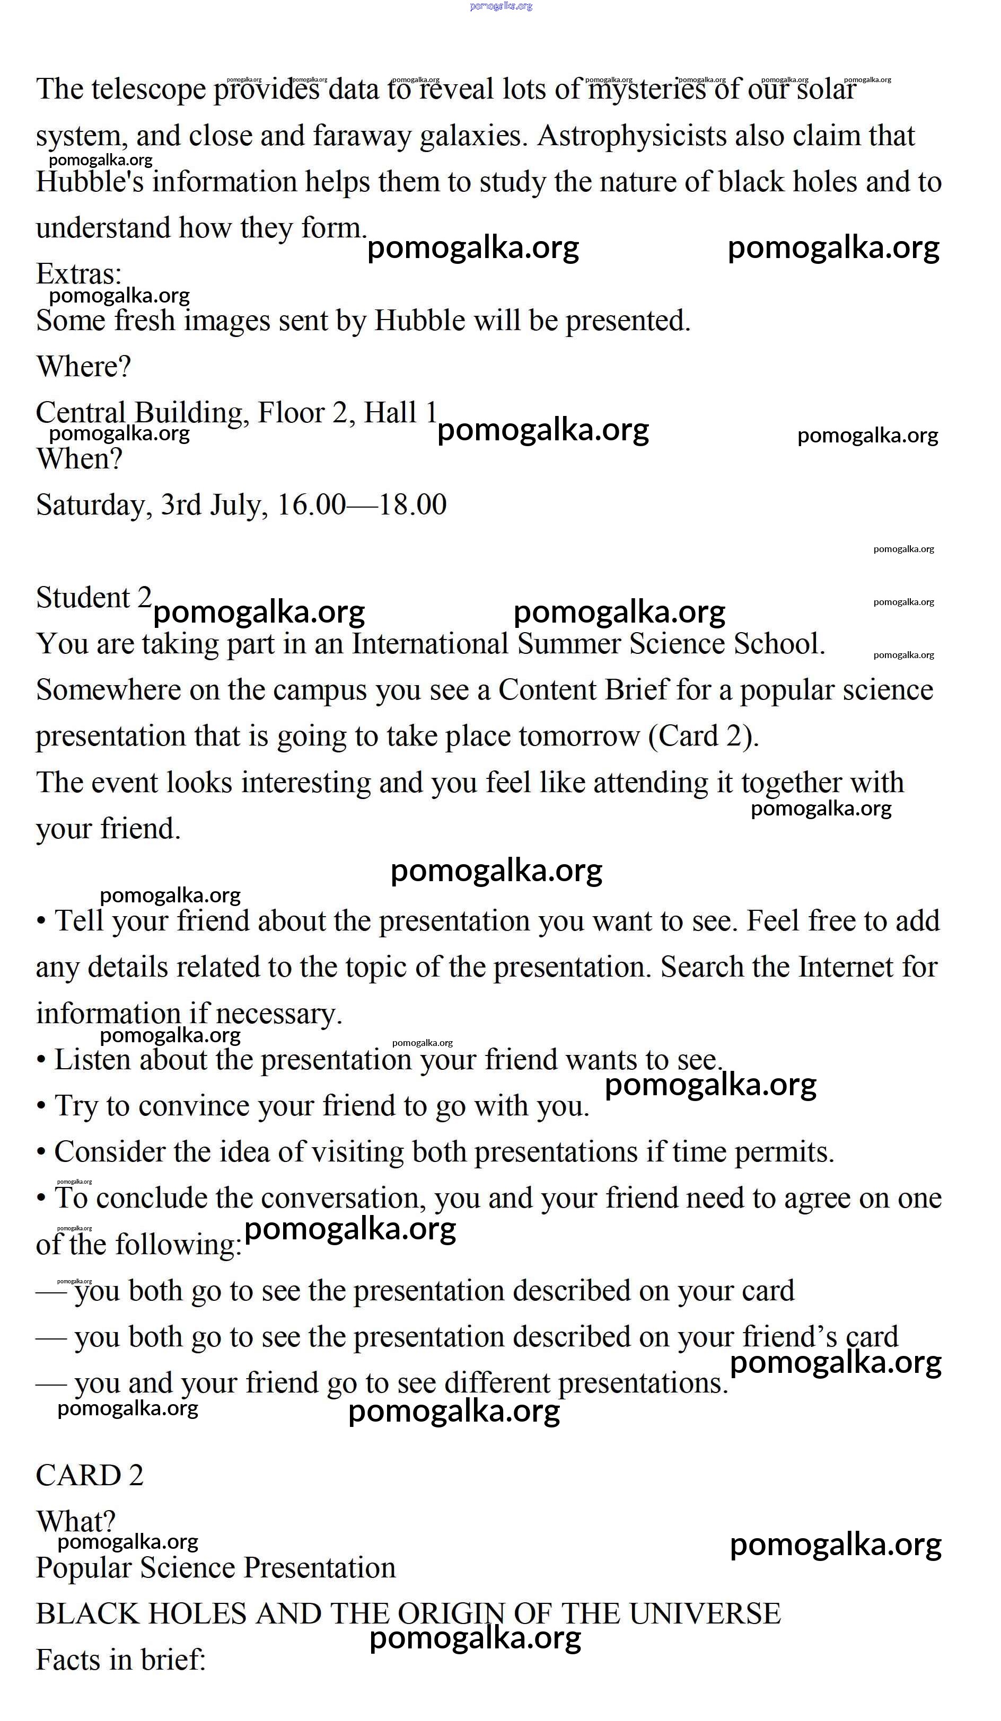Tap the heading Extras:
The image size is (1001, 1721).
pyautogui.click(x=78, y=274)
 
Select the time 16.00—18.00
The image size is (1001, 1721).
pyautogui.click(x=362, y=505)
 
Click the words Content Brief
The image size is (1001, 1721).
pyautogui.click(x=583, y=690)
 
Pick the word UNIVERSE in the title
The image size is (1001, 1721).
pyautogui.click(x=705, y=1614)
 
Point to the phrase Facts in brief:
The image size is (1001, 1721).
pyautogui.click(x=121, y=1660)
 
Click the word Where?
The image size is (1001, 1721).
pyautogui.click(x=83, y=367)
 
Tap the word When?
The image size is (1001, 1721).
pyautogui.click(x=79, y=459)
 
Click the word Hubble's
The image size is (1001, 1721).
pyautogui.click(x=90, y=182)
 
